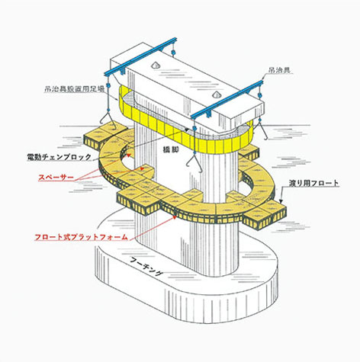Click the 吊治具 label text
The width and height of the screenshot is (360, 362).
click(x=279, y=70)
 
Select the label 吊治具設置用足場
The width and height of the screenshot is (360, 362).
click(x=74, y=89)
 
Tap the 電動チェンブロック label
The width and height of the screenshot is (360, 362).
click(x=59, y=157)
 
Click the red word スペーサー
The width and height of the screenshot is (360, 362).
click(x=56, y=177)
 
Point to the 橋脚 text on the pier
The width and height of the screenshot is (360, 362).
click(x=171, y=149)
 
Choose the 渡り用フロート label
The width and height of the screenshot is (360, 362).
click(x=313, y=183)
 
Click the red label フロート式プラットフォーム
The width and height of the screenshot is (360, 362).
click(x=81, y=237)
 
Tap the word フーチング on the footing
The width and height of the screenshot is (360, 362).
click(x=146, y=266)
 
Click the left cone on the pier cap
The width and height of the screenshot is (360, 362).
click(x=156, y=65)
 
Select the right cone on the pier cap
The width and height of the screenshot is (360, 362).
click(x=215, y=95)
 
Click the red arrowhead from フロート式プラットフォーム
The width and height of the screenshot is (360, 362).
click(x=175, y=217)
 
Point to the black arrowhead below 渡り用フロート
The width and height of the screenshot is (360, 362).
click(x=281, y=201)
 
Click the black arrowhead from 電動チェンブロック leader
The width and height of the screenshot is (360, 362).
click(x=187, y=130)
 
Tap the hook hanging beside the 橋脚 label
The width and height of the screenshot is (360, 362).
click(x=194, y=163)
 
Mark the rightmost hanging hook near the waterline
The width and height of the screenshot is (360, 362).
click(x=262, y=131)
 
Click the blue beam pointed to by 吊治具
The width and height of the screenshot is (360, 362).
click(x=227, y=99)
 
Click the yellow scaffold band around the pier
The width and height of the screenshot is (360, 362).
click(x=184, y=132)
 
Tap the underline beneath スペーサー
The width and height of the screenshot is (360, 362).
click(x=56, y=181)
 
